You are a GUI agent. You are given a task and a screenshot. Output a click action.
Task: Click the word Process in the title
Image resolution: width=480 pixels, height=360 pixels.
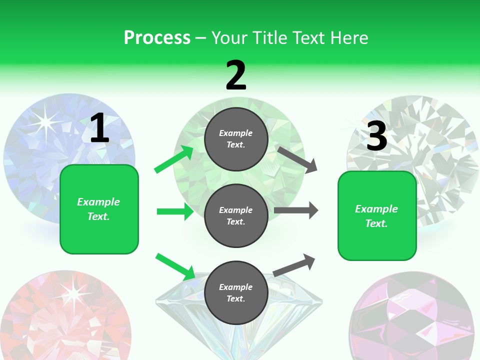[157, 38]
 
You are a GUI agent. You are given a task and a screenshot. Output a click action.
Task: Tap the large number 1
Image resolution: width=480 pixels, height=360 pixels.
[99, 128]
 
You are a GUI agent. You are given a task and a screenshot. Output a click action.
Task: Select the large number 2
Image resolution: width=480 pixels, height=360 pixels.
[236, 75]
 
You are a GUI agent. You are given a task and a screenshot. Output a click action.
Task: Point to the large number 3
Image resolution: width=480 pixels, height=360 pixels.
[377, 136]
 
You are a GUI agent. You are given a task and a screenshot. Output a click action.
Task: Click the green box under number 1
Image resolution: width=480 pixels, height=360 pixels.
[99, 209]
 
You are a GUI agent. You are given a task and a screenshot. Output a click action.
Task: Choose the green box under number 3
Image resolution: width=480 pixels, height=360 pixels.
[377, 215]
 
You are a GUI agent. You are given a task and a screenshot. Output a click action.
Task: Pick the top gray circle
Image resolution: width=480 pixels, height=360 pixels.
[236, 139]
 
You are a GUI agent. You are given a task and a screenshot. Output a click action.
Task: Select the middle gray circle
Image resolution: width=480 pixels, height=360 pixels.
[236, 215]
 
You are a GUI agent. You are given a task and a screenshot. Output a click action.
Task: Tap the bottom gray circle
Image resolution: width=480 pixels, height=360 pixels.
[236, 292]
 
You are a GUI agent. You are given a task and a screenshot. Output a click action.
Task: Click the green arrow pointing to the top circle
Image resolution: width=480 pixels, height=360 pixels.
[173, 159]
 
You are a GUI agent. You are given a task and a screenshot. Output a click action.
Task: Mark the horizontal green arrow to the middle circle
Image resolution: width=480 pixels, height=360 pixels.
[175, 211]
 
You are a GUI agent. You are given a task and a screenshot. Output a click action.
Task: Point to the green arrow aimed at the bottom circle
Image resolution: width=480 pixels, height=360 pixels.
[175, 266]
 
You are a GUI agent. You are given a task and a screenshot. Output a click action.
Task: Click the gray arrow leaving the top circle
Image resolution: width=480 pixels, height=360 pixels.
[297, 159]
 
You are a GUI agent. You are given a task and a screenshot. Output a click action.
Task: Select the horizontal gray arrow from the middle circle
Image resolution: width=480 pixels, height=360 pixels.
[296, 210]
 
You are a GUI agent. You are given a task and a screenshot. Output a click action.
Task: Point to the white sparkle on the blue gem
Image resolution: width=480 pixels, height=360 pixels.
[46, 120]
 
